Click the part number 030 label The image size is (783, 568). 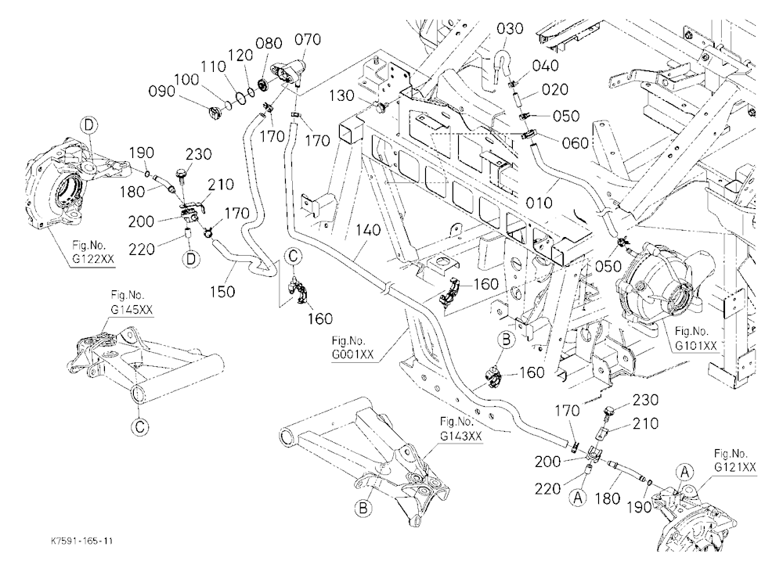point(510,28)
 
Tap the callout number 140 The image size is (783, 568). point(369,231)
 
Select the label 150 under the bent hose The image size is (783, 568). point(222,291)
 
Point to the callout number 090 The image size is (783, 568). point(162,92)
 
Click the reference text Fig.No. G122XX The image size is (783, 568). point(92,252)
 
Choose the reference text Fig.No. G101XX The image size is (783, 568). point(695,338)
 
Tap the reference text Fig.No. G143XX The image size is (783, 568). point(461,428)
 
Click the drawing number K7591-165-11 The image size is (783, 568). point(81,541)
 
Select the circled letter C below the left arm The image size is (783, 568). point(140,426)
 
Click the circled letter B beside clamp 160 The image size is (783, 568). point(507,340)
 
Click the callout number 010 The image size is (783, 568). point(539,203)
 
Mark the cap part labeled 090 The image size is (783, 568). point(215,113)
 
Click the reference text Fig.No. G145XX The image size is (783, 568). point(132,303)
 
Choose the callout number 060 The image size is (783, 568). point(576,143)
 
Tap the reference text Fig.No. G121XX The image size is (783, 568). point(734,460)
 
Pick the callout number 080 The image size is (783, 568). point(269,44)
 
